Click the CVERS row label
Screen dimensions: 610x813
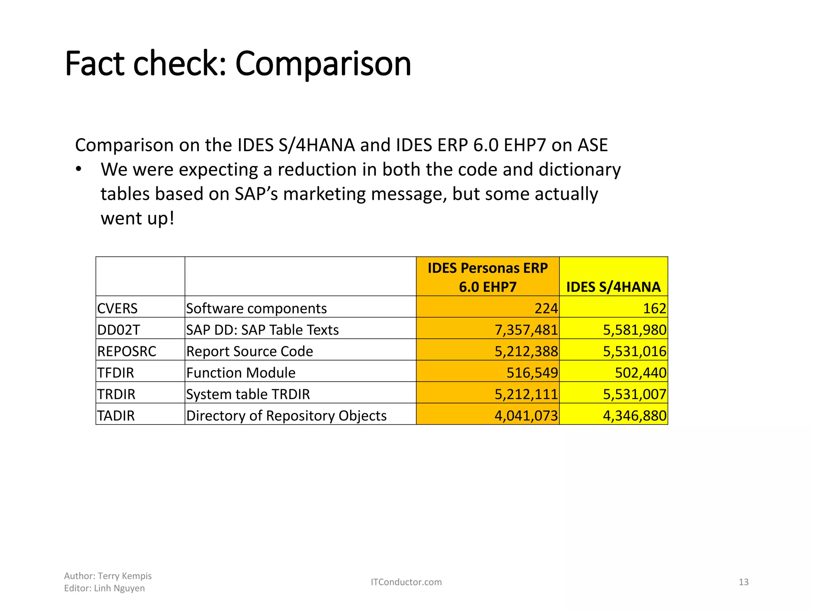118,308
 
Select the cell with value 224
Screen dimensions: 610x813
546,308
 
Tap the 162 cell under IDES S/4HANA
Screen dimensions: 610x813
654,308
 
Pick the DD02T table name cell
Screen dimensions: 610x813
119,330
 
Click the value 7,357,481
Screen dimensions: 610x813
526,330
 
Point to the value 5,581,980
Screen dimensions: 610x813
634,330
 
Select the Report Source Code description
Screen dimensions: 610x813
250,351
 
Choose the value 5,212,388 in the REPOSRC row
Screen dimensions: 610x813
526,351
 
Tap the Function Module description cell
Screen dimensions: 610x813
241,373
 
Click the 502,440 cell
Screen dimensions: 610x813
640,373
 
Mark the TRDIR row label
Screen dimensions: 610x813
116,394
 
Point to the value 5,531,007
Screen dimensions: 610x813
634,394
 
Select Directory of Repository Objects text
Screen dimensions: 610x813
286,415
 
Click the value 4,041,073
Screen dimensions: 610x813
526,415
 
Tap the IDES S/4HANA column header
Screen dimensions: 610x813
613,287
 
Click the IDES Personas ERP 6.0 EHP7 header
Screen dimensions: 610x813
487,277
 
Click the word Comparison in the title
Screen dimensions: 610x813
323,64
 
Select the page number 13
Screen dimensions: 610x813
744,582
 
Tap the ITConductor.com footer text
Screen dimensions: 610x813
406,582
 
